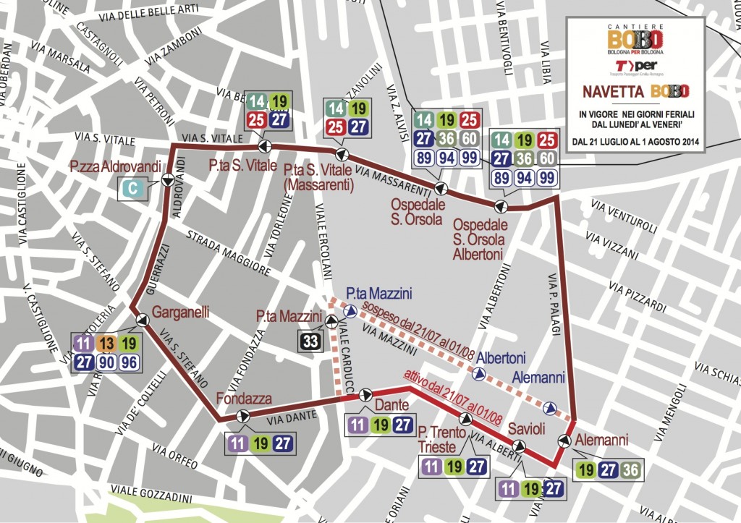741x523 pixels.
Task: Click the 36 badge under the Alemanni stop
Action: [630, 469]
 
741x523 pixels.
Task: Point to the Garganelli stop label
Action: [180, 313]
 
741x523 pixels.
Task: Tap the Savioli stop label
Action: [526, 428]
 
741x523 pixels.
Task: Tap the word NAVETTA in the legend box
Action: [613, 92]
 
